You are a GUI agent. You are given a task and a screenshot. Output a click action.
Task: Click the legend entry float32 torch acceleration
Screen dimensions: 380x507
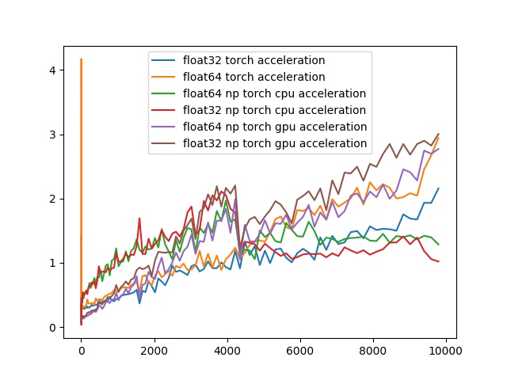click(253, 60)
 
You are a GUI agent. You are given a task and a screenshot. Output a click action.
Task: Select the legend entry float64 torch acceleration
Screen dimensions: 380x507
click(253, 77)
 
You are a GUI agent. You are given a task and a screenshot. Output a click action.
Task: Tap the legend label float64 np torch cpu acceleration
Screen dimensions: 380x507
click(274, 93)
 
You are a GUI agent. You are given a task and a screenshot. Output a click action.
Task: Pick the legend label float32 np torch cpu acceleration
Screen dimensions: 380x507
click(274, 110)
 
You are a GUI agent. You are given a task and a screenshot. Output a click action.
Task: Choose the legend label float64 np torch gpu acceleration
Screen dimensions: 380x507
click(274, 127)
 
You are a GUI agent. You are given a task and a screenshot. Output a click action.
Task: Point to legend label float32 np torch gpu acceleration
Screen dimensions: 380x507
click(274, 143)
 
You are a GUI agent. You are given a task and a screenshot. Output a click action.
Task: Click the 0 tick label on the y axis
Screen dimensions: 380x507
click(51, 327)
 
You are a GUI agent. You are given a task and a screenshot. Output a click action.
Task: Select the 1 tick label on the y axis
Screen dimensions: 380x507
click(51, 263)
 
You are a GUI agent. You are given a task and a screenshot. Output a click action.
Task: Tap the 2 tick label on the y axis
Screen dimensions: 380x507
click(51, 199)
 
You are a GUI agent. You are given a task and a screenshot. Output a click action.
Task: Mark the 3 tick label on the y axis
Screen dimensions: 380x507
click(51, 135)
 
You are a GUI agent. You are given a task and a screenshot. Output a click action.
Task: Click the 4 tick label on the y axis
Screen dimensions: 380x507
click(51, 70)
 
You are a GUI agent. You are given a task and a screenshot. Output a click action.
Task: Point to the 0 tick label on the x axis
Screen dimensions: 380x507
click(81, 350)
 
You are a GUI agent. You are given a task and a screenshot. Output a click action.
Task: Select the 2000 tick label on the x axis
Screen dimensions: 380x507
click(154, 350)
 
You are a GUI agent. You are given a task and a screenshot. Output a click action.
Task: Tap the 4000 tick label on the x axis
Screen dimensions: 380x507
click(227, 350)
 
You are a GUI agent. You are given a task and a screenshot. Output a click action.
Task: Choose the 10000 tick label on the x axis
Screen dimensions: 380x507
click(446, 350)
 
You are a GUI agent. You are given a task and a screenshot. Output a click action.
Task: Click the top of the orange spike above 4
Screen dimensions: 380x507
click(81, 59)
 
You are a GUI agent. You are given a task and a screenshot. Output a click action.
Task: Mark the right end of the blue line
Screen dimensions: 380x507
click(438, 188)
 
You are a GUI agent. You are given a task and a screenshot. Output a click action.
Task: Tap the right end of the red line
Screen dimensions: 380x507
click(438, 261)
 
